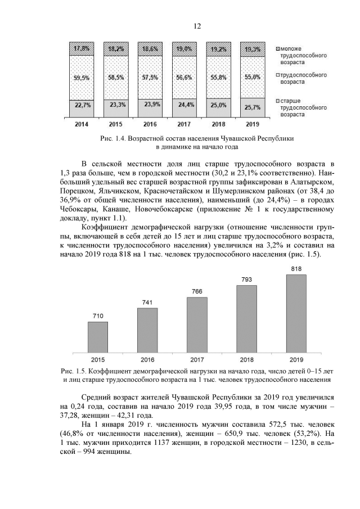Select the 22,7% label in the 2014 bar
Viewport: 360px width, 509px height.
82,105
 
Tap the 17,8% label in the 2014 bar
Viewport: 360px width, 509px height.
82,48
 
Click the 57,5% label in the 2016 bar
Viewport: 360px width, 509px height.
150,77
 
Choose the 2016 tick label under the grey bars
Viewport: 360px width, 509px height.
147,358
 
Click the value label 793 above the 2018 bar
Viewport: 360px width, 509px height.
246,280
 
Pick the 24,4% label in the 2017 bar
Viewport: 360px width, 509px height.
184,104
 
